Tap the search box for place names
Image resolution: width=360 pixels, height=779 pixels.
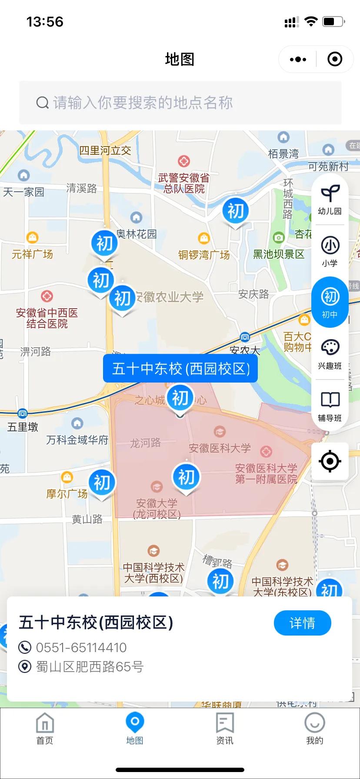click(x=180, y=103)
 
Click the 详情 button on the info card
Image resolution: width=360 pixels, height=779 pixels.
click(x=302, y=623)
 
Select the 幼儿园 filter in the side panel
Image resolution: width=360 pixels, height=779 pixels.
click(x=330, y=200)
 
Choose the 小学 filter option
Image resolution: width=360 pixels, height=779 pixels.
click(x=330, y=251)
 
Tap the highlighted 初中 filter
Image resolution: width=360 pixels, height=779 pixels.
click(x=330, y=302)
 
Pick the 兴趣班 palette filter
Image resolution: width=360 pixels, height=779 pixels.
click(x=330, y=354)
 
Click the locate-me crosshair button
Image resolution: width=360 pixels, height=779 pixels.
click(x=330, y=461)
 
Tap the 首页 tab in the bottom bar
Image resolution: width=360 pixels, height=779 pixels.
click(x=45, y=729)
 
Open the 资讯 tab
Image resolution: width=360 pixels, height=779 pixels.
click(x=225, y=729)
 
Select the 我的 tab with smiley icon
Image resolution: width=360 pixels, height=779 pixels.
click(x=314, y=729)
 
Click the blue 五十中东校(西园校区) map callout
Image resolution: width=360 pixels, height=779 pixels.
click(x=180, y=369)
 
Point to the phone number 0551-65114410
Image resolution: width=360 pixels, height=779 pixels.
click(x=81, y=647)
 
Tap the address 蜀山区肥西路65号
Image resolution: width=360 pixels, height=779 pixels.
click(x=90, y=666)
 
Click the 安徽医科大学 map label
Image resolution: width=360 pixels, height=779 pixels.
click(x=220, y=448)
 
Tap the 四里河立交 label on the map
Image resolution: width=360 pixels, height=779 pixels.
click(x=105, y=150)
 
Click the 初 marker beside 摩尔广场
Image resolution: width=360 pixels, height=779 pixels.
click(x=102, y=483)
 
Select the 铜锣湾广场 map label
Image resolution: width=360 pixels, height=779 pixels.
click(x=204, y=255)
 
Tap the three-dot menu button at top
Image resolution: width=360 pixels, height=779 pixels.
click(x=298, y=59)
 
